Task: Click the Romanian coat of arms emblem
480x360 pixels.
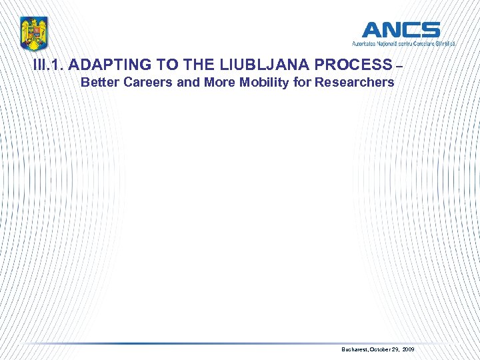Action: pos(33,33)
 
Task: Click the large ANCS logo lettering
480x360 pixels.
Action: pos(401,30)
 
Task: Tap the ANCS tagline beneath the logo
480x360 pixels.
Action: pos(404,43)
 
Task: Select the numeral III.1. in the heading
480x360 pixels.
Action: pos(48,65)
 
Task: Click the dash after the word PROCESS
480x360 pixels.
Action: pos(399,65)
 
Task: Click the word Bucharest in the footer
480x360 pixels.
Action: pos(355,349)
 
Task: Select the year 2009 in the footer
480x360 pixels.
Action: pos(409,349)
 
